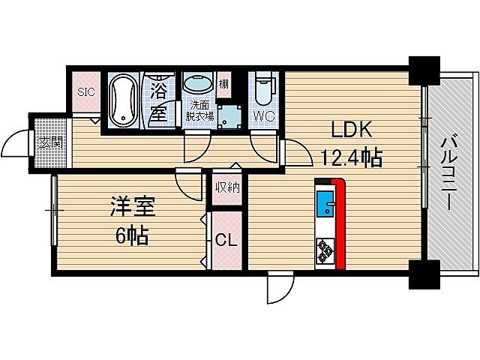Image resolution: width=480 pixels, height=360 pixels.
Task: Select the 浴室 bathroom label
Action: (158, 103)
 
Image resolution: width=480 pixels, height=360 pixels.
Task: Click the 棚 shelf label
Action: (224, 84)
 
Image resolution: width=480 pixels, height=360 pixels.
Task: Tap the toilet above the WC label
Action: (263, 91)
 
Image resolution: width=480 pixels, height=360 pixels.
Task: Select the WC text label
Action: (263, 117)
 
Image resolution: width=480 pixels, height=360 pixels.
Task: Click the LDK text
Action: (347, 130)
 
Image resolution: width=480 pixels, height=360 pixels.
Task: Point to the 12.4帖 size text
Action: (351, 158)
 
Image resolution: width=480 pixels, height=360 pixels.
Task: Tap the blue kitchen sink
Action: (326, 203)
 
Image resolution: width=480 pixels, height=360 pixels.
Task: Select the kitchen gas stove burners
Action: (326, 249)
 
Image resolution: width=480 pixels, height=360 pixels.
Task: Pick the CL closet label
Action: (226, 241)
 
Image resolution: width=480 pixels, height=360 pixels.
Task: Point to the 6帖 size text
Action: (131, 236)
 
